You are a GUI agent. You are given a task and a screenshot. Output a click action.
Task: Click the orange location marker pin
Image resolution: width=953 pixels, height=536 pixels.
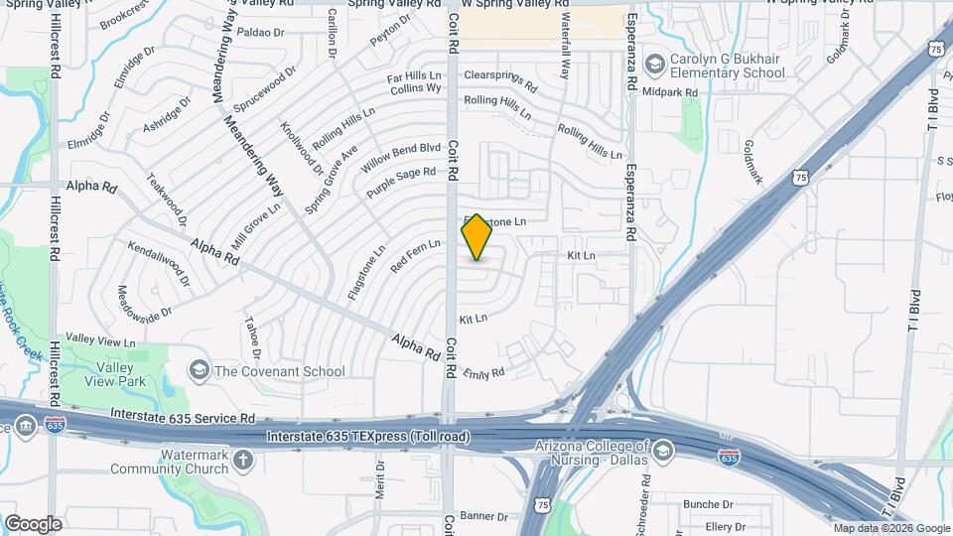[x=477, y=237]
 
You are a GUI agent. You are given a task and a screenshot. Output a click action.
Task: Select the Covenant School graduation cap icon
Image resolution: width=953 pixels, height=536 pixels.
[x=199, y=371]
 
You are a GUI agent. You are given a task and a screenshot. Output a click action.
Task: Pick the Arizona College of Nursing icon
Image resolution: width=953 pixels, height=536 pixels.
[x=663, y=452]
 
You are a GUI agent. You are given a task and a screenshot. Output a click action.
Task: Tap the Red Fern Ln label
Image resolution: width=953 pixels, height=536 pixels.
[x=415, y=255]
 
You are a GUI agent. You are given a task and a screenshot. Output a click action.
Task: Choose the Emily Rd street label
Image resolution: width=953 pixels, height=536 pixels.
[x=484, y=373]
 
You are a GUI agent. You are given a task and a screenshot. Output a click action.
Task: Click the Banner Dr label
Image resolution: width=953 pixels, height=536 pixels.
[x=484, y=516]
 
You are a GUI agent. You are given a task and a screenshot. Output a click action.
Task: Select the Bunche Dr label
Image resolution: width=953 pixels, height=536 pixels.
[x=707, y=504]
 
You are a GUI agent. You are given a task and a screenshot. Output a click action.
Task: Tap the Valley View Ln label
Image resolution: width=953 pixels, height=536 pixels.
[x=99, y=341]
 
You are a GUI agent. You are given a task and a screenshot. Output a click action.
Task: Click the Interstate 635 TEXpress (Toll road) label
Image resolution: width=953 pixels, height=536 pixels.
[x=369, y=437]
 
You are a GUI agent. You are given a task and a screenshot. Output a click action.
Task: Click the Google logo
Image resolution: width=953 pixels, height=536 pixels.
[x=33, y=523]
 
